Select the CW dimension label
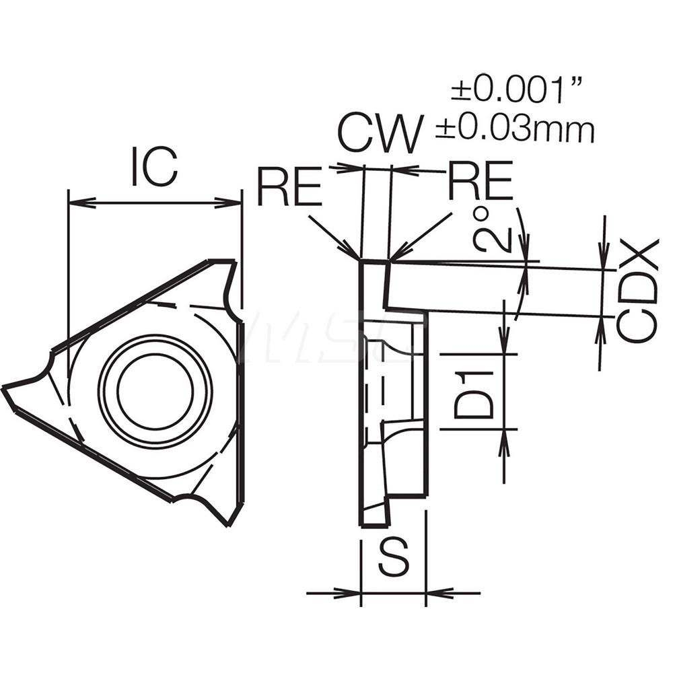(x=381, y=133)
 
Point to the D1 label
(x=473, y=394)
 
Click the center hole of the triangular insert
(x=155, y=390)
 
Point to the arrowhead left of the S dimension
(x=353, y=593)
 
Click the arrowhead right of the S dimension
(x=434, y=593)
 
